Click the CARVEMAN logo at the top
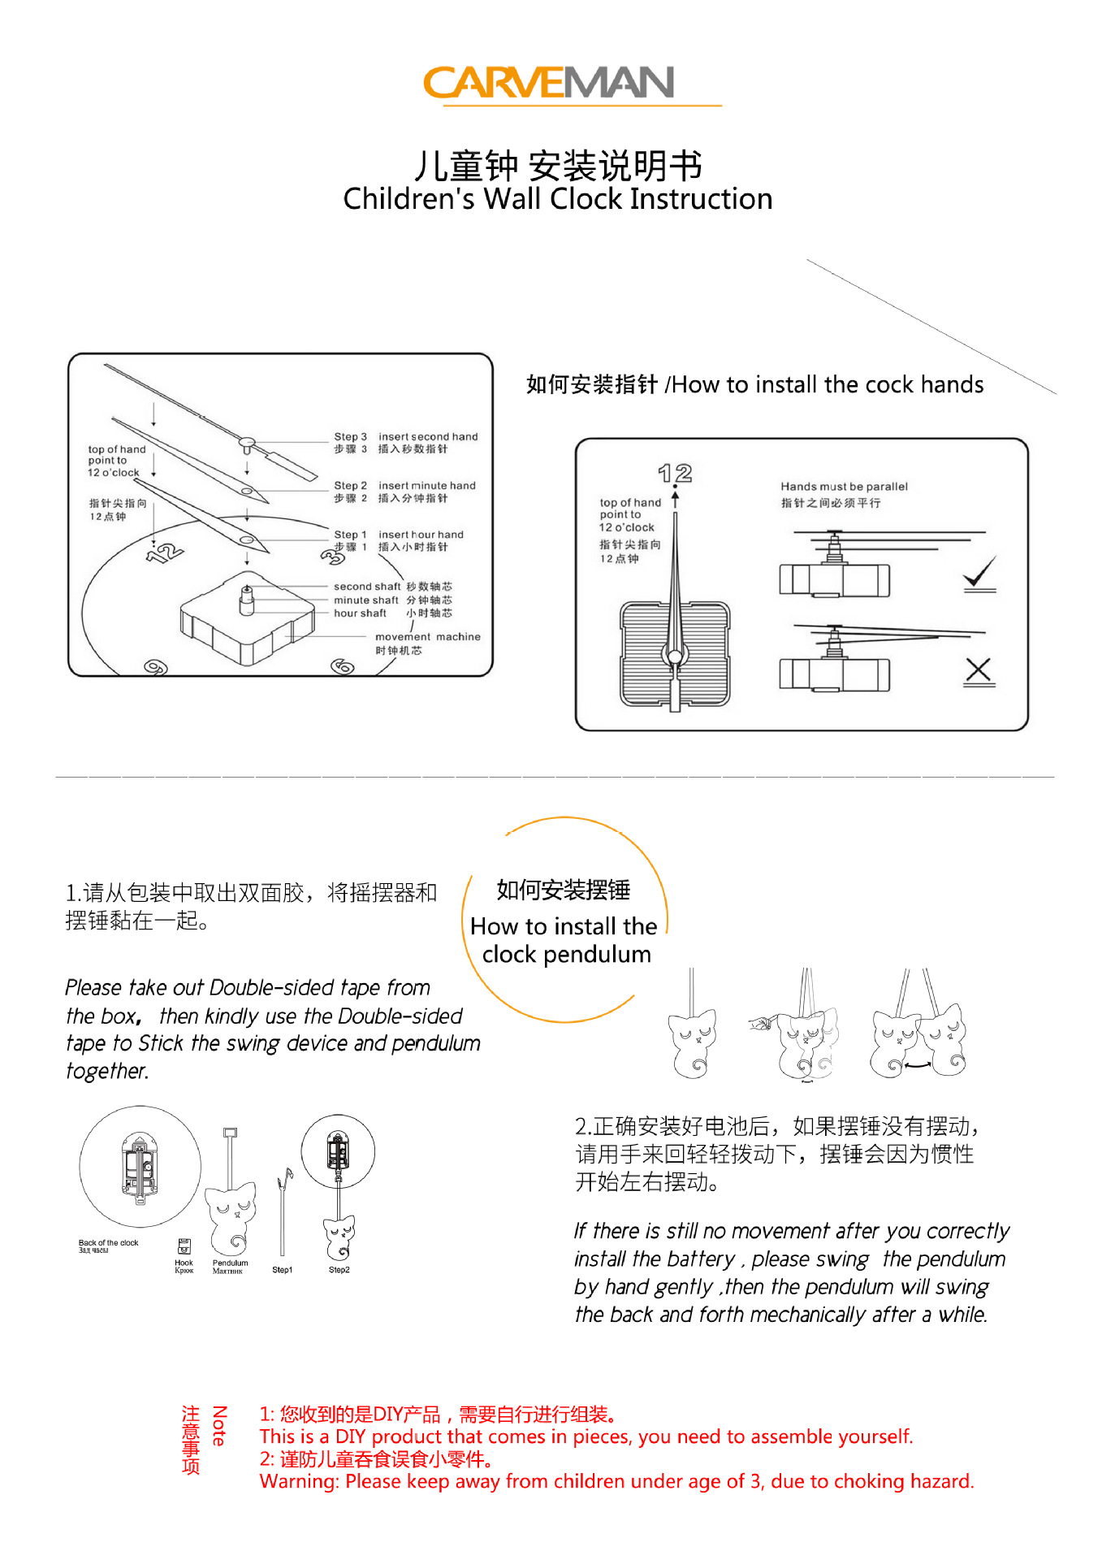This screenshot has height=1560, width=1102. tap(550, 83)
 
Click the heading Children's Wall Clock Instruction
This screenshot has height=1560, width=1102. tap(557, 199)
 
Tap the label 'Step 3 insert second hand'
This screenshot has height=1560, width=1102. tap(405, 437)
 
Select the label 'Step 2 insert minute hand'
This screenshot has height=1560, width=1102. tap(404, 486)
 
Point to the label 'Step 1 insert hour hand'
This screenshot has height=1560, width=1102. tap(399, 535)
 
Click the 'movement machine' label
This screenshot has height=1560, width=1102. tap(427, 637)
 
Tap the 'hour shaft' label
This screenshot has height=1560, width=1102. tap(360, 613)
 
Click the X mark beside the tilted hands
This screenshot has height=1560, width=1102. tap(979, 671)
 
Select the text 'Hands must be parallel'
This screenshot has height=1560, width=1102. tap(844, 487)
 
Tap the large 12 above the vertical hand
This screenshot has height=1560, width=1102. tap(675, 473)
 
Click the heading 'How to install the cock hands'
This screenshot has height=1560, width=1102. tap(754, 384)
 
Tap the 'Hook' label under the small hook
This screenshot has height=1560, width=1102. tap(184, 1263)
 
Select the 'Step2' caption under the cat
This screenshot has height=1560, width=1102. tap(339, 1270)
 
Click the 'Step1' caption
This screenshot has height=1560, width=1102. tap(282, 1270)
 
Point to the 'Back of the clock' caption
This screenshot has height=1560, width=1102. tap(108, 1243)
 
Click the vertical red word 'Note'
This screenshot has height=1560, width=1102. tap(218, 1426)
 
